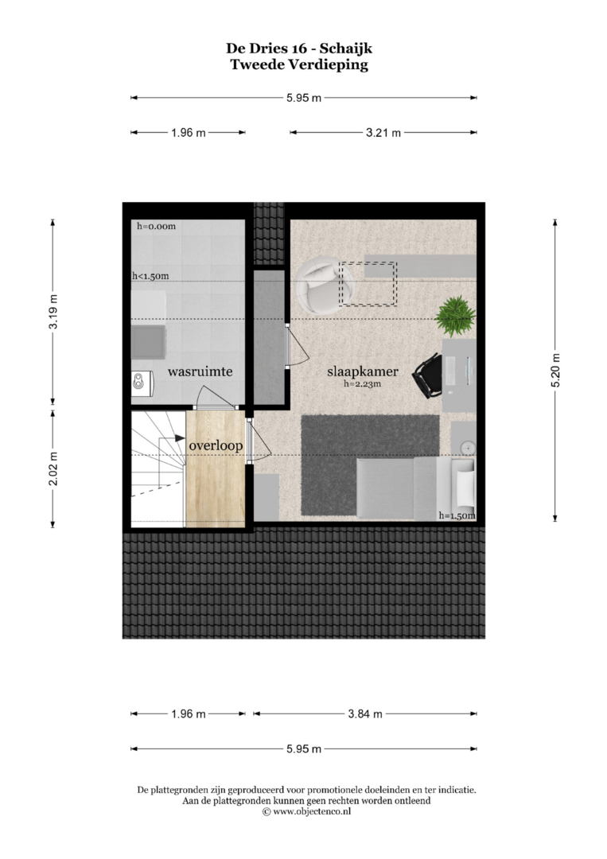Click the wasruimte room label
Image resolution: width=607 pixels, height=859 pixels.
point(200,371)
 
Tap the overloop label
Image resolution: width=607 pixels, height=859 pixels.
point(216,446)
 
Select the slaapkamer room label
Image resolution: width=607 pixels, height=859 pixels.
point(363,371)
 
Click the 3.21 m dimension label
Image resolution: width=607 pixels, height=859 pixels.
point(383,133)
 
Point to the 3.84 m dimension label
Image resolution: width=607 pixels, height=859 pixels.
point(365,713)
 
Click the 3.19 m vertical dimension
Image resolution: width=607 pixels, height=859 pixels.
point(53,312)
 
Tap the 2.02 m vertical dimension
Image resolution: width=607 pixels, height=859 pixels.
point(53,468)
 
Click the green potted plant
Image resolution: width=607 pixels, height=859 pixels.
point(455,316)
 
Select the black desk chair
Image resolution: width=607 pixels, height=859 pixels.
point(428,375)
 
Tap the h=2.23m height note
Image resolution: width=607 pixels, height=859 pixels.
point(362,384)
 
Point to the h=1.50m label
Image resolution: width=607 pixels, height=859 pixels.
point(457,515)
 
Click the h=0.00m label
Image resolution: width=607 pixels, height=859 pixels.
point(157,226)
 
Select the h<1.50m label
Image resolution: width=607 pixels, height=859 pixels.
point(150,276)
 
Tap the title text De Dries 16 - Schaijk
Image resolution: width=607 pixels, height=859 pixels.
point(299,49)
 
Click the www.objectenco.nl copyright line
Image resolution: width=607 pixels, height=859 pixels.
point(306,811)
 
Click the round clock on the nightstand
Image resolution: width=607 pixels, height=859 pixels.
point(467,448)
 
